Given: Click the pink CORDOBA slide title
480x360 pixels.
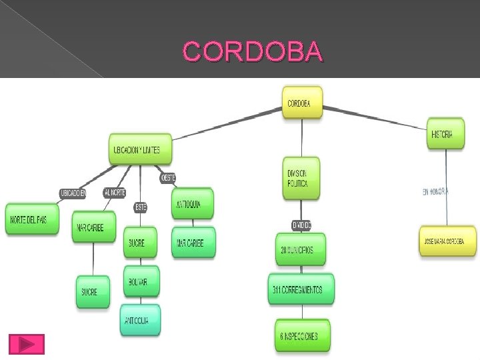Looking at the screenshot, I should pyautogui.click(x=253, y=51).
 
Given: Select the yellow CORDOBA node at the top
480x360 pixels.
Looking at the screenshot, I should pyautogui.click(x=302, y=103).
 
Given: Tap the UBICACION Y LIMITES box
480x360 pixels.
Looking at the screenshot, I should pyautogui.click(x=140, y=149).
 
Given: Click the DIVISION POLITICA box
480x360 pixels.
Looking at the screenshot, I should pyautogui.click(x=301, y=178).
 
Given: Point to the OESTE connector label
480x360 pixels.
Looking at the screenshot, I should pyautogui.click(x=168, y=178).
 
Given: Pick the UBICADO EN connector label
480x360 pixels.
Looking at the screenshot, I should pyautogui.click(x=73, y=193).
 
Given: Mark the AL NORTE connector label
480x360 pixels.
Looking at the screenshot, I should pyautogui.click(x=114, y=192).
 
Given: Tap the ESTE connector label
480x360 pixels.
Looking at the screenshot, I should pyautogui.click(x=141, y=207).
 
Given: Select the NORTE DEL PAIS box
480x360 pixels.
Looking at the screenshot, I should pyautogui.click(x=33, y=219).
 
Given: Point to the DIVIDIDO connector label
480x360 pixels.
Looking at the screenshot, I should pyautogui.click(x=301, y=225).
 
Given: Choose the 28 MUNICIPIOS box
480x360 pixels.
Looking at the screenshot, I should pyautogui.click(x=301, y=250).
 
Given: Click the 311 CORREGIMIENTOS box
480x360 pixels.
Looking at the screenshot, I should pyautogui.click(x=301, y=289).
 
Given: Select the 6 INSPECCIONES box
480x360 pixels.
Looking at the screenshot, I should pyautogui.click(x=302, y=336).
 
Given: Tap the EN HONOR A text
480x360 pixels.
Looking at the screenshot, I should pyautogui.click(x=436, y=192).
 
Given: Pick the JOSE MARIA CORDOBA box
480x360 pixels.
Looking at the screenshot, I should pyautogui.click(x=448, y=241).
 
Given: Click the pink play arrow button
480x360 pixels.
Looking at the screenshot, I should pyautogui.click(x=27, y=344).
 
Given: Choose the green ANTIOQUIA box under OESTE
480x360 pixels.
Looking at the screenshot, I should pyautogui.click(x=193, y=204).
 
